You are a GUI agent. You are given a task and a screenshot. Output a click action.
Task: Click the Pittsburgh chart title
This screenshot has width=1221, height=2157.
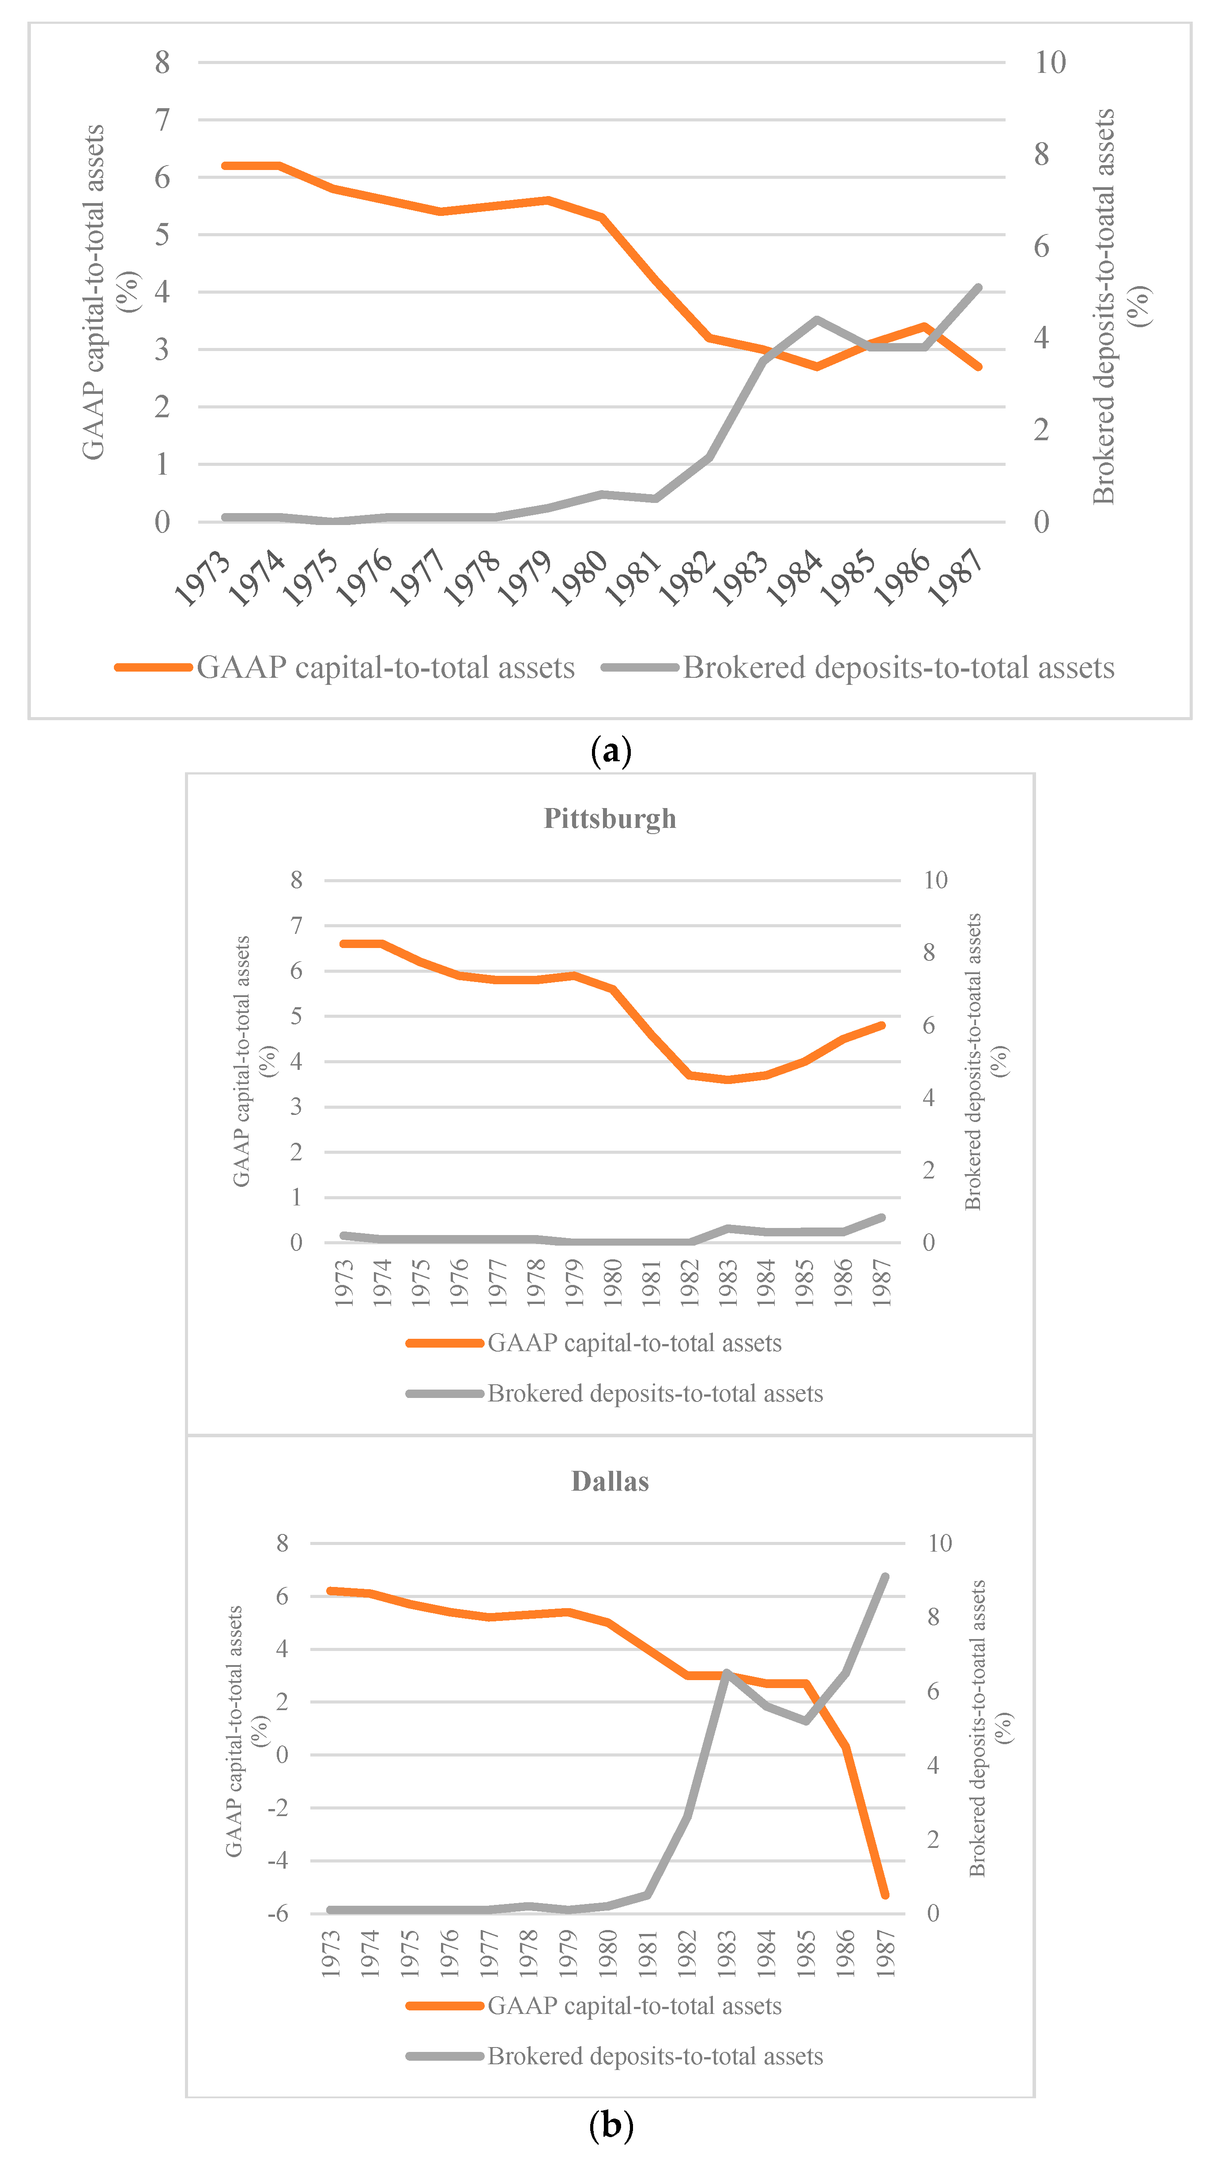point(610,819)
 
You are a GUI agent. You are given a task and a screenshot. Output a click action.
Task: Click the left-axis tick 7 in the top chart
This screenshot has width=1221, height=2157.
point(162,120)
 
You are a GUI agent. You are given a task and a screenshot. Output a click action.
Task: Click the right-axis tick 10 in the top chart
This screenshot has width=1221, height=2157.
point(1049,62)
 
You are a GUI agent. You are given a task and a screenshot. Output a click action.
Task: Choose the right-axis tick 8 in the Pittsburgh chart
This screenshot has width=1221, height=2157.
point(928,953)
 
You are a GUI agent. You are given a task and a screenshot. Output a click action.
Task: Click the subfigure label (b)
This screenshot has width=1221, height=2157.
point(610,2126)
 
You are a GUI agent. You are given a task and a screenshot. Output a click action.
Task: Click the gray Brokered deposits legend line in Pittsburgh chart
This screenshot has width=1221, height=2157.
point(445,1394)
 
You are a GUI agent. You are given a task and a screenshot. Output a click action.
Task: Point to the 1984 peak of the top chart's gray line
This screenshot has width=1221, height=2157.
point(816,320)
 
